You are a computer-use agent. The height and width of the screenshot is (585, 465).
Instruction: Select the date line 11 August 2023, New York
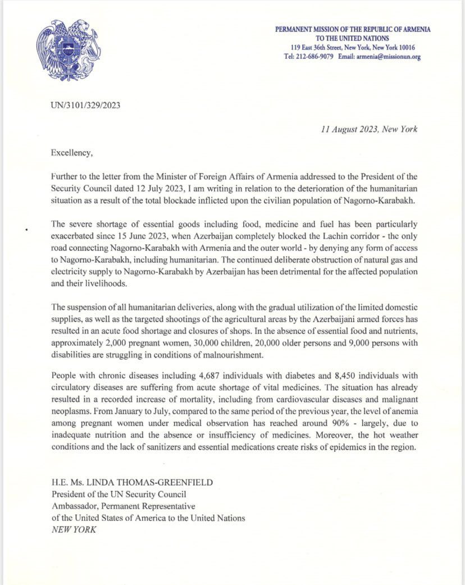click(x=367, y=129)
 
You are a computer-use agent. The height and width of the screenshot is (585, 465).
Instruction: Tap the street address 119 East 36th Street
click(x=323, y=48)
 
